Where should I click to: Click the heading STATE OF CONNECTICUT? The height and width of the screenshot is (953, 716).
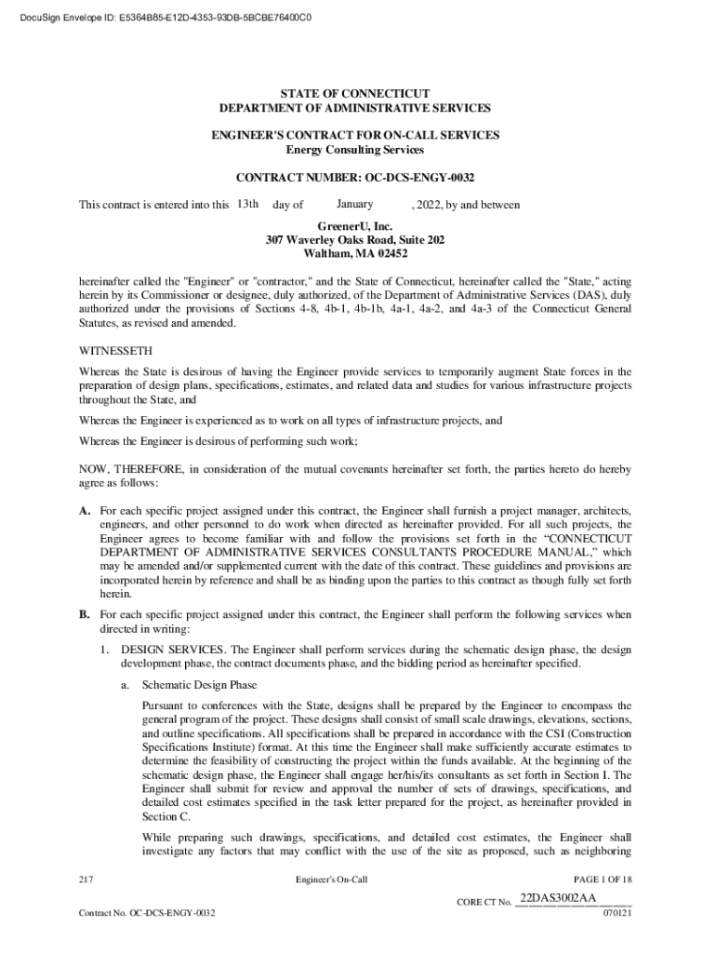tap(356, 94)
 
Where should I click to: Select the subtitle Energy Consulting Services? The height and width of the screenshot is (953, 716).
tap(356, 149)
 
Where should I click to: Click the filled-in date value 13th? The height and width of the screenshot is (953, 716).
tap(246, 204)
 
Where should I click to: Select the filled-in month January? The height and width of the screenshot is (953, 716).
tap(355, 204)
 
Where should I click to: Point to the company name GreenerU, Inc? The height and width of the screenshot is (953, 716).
tap(356, 225)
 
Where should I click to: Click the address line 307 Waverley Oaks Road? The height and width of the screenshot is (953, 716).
tap(356, 239)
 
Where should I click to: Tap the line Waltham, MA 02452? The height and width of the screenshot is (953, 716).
tap(356, 253)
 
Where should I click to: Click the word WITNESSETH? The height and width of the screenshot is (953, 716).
tap(110, 352)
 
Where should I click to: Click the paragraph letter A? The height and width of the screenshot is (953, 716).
tap(85, 511)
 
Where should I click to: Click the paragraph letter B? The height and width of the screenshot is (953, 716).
tap(85, 614)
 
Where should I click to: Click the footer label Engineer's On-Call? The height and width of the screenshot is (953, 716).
tap(332, 879)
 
